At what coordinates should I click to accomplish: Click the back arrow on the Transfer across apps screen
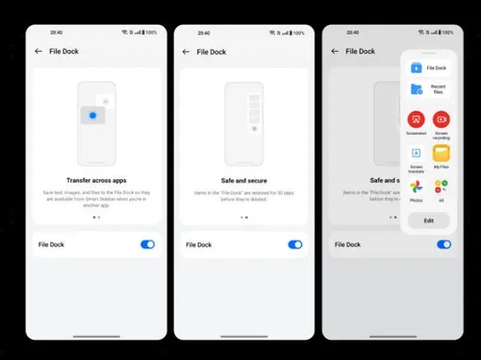(38, 51)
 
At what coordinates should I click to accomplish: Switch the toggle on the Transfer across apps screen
(147, 244)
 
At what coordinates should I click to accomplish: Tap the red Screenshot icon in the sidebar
(416, 120)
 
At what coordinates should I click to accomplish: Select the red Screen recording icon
(441, 120)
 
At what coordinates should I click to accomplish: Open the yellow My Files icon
(441, 153)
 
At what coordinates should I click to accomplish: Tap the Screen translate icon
(416, 153)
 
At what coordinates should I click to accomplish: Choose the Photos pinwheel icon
(416, 186)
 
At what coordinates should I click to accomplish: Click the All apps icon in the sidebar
(441, 186)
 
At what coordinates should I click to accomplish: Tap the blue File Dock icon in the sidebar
(417, 68)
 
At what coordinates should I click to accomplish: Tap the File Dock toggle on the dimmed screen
(443, 244)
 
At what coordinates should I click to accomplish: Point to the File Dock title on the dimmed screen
(359, 51)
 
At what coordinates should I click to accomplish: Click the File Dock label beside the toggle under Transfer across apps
(52, 244)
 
